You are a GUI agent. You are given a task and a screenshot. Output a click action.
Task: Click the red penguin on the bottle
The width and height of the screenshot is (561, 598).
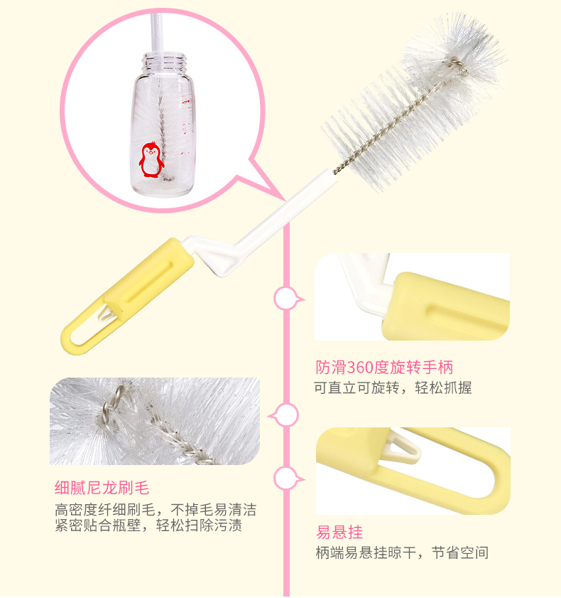[151, 160]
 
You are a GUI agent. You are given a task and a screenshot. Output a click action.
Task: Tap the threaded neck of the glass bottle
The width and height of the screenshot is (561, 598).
[165, 63]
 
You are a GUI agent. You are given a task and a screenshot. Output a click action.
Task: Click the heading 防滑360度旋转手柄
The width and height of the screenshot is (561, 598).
[384, 368]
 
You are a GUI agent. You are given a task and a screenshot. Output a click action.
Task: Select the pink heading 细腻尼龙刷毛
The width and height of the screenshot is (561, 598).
[102, 487]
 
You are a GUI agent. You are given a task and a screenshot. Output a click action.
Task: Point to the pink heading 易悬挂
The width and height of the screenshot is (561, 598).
[339, 532]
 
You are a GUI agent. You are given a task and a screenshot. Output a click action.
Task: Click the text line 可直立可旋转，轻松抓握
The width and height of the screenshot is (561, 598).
[393, 388]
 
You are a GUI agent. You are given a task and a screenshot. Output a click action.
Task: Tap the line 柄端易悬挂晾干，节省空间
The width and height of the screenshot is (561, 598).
[402, 552]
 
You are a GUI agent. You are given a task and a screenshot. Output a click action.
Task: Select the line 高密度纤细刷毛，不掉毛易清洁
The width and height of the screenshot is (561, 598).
[156, 509]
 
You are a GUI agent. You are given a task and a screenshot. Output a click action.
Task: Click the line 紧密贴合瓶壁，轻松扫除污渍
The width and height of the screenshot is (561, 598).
[148, 525]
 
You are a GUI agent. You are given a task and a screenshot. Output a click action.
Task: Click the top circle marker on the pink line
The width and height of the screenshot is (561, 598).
[285, 299]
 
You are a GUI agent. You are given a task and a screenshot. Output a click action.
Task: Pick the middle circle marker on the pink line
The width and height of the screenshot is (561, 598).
[285, 415]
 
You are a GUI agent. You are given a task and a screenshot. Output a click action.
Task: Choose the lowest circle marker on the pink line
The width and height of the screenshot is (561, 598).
[285, 479]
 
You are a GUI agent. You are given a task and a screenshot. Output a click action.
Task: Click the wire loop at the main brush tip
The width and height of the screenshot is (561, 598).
[456, 64]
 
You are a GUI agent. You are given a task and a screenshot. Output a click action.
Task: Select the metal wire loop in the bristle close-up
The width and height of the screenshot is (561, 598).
[114, 405]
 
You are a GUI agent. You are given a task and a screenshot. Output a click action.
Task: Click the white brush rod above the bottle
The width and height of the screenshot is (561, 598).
[156, 33]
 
